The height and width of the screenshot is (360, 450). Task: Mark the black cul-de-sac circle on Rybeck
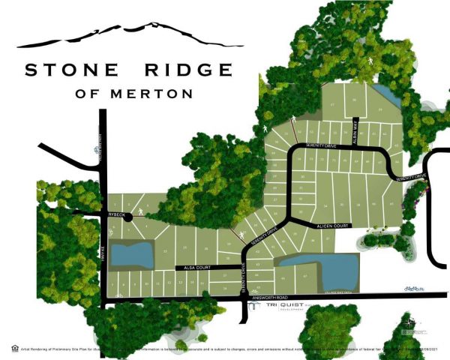[128, 217]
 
